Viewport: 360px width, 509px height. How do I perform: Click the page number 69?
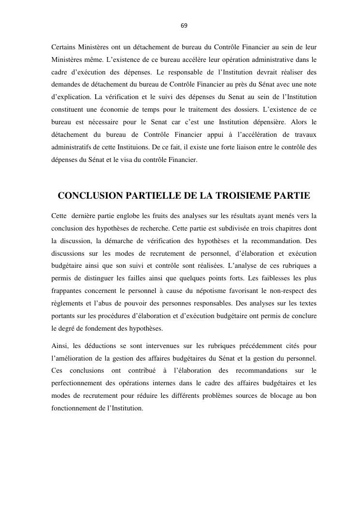[x=184, y=25]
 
